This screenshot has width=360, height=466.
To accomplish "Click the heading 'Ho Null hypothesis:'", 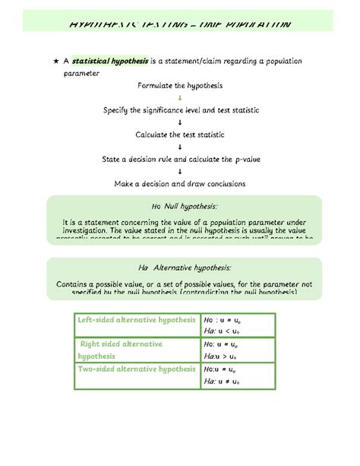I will (x=184, y=207).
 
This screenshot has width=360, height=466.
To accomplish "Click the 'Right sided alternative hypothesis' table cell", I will (x=122, y=350).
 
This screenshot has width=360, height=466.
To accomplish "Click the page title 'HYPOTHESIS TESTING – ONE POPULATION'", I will (x=179, y=25).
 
